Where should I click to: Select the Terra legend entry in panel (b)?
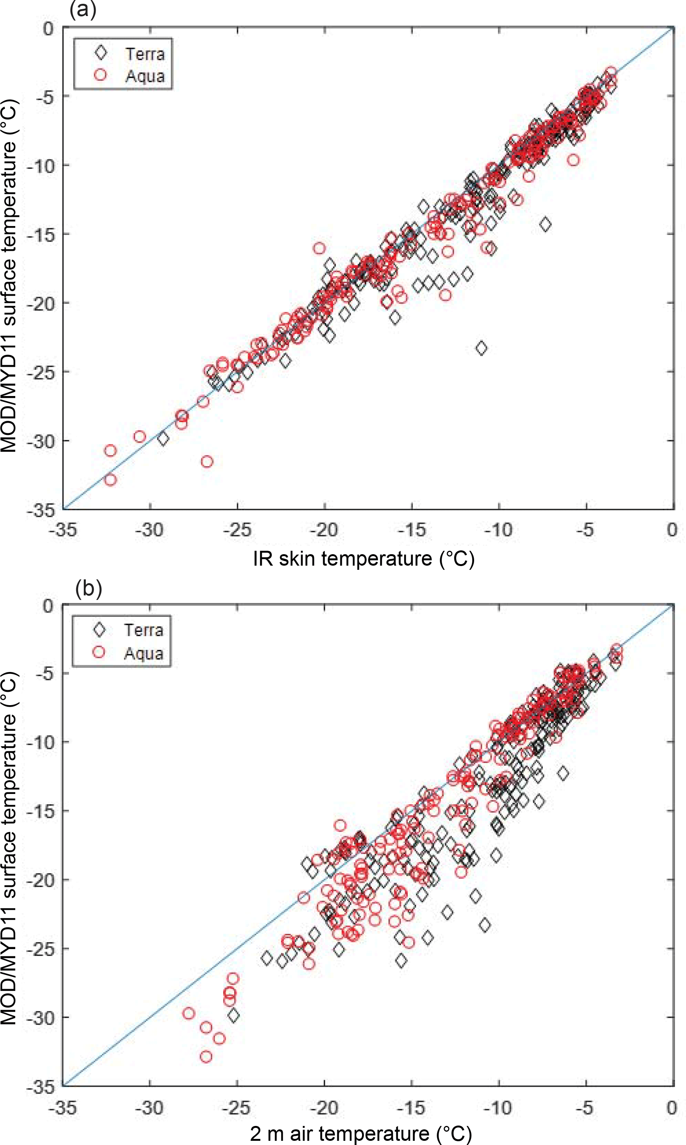click(x=143, y=630)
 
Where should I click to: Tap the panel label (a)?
click(x=83, y=9)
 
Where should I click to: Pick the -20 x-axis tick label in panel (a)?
click(x=324, y=530)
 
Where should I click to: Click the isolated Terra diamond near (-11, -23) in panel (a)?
click(x=481, y=348)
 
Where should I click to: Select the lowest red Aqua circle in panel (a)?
click(x=110, y=480)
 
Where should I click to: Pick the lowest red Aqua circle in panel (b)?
click(x=206, y=1057)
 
